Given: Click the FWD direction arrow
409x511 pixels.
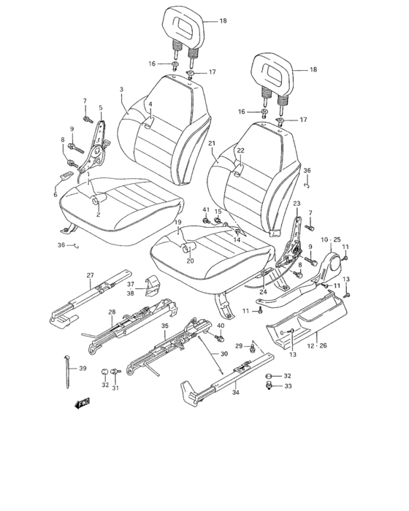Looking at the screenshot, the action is tap(82, 403).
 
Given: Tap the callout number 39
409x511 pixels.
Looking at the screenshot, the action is tap(83, 368).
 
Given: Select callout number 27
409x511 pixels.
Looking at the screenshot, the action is tap(90, 275).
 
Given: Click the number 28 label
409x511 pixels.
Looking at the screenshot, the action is tap(112, 312).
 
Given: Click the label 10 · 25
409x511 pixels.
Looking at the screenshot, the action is tap(331, 240).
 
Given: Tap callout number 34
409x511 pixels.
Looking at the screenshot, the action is tap(235, 393).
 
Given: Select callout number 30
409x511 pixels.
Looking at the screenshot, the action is tap(224, 353).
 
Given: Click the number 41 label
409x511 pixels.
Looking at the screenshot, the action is tap(205, 210).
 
